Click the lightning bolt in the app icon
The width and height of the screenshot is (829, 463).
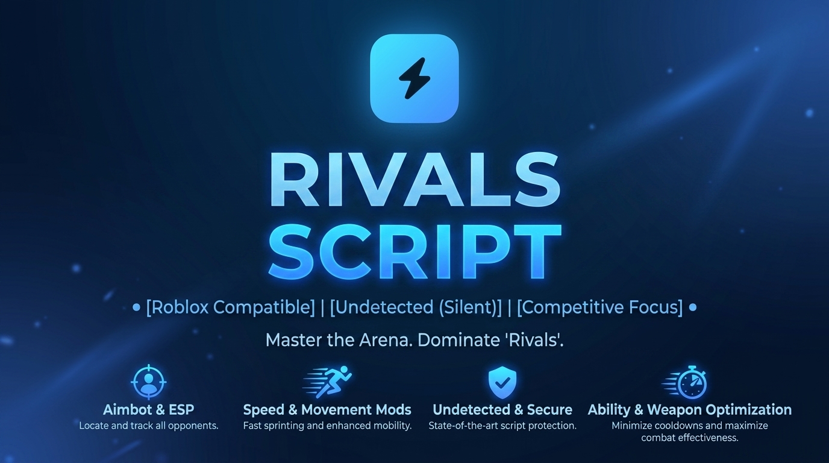pos(414,78)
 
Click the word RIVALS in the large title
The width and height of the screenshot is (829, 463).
pos(414,180)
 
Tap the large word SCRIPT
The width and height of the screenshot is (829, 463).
pos(415,251)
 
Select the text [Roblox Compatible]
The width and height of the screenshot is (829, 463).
pos(230,307)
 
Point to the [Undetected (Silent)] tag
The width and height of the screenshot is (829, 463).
pos(416,307)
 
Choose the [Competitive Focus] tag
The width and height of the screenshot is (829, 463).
pos(599,307)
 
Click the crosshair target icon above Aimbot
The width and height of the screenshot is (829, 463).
pos(149,382)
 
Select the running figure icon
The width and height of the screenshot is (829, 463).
pos(327,382)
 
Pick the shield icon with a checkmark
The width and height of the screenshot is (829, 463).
pos(502,383)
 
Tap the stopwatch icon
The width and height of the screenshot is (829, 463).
pos(684,382)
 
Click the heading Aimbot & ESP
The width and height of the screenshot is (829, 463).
pos(148,410)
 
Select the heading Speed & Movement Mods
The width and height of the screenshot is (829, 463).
pos(327,410)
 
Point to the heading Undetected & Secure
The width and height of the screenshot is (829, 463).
pos(502,410)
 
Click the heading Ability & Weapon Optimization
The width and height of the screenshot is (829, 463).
pos(689,410)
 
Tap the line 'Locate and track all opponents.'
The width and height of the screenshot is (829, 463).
pos(149,426)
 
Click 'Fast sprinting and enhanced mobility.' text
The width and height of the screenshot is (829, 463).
pos(328,426)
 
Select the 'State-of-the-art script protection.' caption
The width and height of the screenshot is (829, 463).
pos(502,426)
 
